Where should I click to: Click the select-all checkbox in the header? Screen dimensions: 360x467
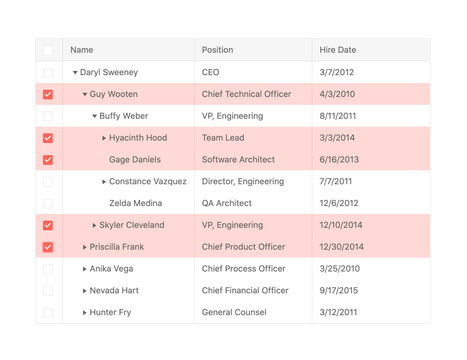pos(48,50)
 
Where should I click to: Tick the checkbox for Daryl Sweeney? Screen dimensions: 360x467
pos(48,73)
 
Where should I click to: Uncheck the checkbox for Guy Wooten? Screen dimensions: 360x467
pos(48,95)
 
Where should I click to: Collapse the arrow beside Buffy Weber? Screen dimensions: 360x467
pos(95,116)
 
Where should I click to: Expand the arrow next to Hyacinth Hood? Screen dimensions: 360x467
pos(104,138)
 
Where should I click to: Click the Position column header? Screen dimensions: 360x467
pos(218,50)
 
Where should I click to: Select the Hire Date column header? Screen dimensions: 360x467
pos(338,50)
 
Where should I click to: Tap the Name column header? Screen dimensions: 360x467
pos(82,50)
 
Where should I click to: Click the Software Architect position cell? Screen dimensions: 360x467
pos(238,159)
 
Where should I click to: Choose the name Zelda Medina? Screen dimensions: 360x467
pos(135,203)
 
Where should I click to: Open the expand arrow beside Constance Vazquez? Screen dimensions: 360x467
pos(104,182)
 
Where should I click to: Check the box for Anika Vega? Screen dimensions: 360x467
pos(48,269)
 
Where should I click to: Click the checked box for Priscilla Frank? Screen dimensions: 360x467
pos(48,247)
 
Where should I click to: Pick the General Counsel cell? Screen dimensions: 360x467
pos(234,312)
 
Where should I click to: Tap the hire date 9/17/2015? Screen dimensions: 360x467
pos(339,290)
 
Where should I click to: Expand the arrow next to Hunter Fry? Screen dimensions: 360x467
pos(85,313)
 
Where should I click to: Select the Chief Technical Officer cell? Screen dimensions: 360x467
pos(246,94)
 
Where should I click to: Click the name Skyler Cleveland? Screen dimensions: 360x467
pos(132,225)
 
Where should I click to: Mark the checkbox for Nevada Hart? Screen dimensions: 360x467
pos(48,291)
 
